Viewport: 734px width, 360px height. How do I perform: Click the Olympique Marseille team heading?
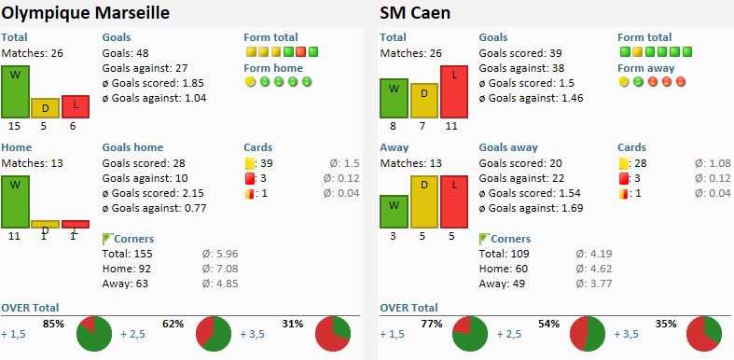(x=85, y=13)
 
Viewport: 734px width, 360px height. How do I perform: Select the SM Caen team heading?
(x=415, y=13)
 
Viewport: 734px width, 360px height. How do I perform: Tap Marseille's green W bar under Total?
(x=16, y=91)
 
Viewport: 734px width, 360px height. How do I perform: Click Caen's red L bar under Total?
(x=454, y=91)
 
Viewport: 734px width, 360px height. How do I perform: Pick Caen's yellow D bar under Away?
(x=424, y=201)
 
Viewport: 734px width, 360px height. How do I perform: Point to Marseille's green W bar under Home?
(x=16, y=201)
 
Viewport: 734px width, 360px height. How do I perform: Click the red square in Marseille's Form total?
(x=300, y=51)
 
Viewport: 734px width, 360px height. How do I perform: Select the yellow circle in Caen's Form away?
(x=624, y=82)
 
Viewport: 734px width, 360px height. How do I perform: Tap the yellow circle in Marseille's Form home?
(x=251, y=82)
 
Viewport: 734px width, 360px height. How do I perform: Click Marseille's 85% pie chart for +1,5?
(x=94, y=333)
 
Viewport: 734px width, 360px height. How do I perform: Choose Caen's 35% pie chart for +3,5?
(x=704, y=333)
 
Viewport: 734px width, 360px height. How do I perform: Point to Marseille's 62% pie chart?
(x=214, y=333)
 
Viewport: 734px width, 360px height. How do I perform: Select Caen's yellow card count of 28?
(x=641, y=163)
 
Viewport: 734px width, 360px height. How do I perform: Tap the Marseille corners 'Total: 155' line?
(x=128, y=254)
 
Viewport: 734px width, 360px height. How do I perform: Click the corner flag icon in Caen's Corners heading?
(x=484, y=239)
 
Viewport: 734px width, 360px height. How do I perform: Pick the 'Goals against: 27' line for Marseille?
(x=145, y=68)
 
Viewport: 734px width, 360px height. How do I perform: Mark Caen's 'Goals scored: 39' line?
(x=520, y=53)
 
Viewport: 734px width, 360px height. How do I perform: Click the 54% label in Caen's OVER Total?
(x=548, y=324)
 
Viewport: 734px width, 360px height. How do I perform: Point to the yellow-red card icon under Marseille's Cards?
(x=249, y=193)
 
